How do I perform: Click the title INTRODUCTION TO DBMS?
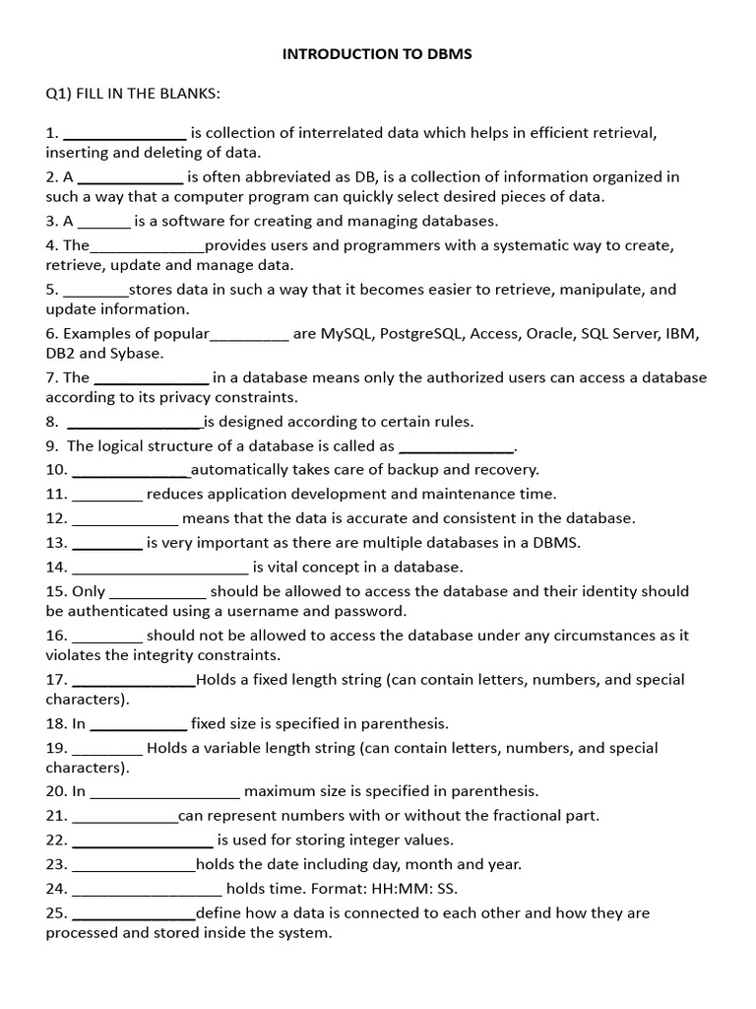[377, 54]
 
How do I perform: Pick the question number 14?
[56, 567]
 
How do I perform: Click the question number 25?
[56, 913]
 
